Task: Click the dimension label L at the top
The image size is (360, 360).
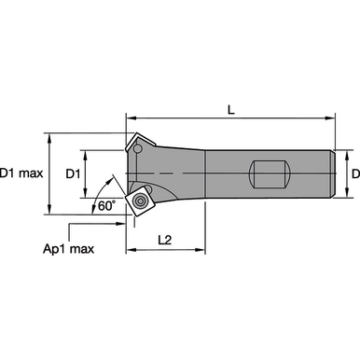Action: pos(230,109)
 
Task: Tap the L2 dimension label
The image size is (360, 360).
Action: pos(165,240)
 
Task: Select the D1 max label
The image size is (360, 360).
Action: pos(21,173)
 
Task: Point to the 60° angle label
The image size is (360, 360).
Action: pos(106,205)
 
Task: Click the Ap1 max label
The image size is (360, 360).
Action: pos(68,249)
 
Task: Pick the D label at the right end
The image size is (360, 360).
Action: pos(355,173)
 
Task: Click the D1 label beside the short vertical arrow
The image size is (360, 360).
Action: pos(73,174)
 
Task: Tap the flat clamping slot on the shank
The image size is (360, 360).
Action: pos(270,174)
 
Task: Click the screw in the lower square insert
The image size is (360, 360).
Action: pos(141,201)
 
